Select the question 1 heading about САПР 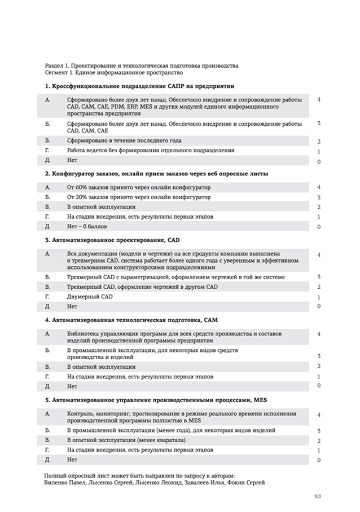point(139,86)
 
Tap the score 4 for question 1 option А point(319,99)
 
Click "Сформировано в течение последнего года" point(124,140)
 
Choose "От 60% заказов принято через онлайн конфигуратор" point(138,187)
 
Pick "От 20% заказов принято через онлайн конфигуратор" point(138,197)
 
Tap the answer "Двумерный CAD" point(90,297)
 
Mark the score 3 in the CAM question point(319,355)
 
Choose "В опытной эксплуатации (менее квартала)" point(126,440)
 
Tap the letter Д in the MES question point(47,460)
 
